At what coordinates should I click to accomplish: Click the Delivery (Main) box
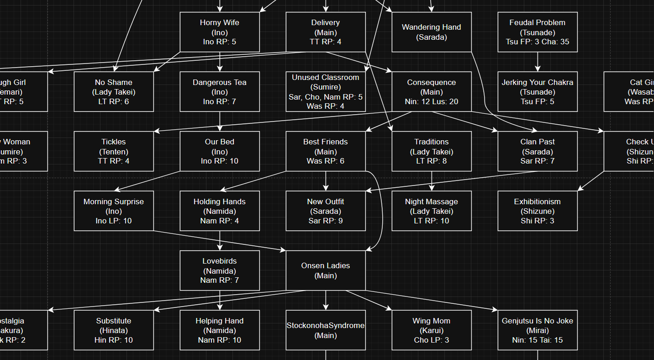tap(326, 32)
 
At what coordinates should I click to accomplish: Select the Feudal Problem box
tap(538, 32)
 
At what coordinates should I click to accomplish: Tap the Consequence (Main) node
tap(432, 91)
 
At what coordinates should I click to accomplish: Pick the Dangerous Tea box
tap(220, 91)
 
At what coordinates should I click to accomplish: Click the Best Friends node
tap(326, 151)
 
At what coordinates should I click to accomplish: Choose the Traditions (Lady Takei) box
tap(432, 151)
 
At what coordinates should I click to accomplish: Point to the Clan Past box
tap(538, 151)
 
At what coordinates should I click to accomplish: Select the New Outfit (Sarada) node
tap(326, 211)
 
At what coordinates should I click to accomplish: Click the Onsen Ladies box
tap(326, 270)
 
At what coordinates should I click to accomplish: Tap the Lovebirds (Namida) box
tap(220, 270)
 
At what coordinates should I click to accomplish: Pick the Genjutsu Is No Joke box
tap(538, 330)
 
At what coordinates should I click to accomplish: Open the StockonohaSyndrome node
tap(326, 330)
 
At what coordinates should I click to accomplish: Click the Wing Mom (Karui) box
tap(432, 330)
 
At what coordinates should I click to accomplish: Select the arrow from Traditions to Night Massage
tap(432, 181)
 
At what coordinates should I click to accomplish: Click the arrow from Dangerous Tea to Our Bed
tap(220, 122)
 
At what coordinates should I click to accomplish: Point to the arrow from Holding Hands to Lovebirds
tap(220, 241)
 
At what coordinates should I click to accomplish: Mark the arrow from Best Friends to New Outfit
tap(326, 181)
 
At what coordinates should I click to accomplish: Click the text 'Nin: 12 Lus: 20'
tap(432, 101)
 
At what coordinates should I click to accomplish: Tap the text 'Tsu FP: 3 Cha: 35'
tap(538, 42)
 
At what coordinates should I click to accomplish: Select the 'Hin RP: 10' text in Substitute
tap(114, 340)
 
